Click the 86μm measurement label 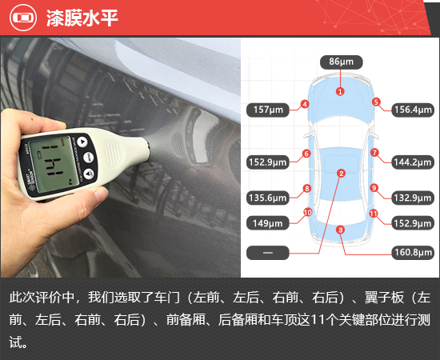pyautogui.click(x=342, y=62)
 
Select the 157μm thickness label pyautogui.click(x=268, y=110)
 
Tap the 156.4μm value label pyautogui.click(x=413, y=110)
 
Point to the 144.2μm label pyautogui.click(x=413, y=162)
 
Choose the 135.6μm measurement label pyautogui.click(x=268, y=198)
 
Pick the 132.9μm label pyautogui.click(x=413, y=198)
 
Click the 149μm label pyautogui.click(x=268, y=223)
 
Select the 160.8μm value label pyautogui.click(x=413, y=252)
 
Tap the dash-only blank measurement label pyautogui.click(x=268, y=253)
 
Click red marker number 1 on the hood pyautogui.click(x=340, y=91)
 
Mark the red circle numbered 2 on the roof pyautogui.click(x=342, y=174)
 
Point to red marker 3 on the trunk pyautogui.click(x=340, y=230)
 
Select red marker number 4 pyautogui.click(x=305, y=104)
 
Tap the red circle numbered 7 pyautogui.click(x=374, y=153)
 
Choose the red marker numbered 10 pyautogui.click(x=308, y=213)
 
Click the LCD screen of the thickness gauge pyautogui.click(x=54, y=164)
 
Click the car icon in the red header pyautogui.click(x=23, y=18)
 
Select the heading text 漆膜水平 pyautogui.click(x=82, y=18)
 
